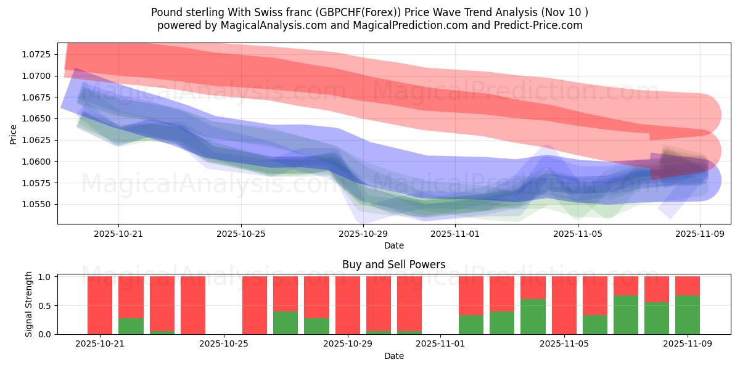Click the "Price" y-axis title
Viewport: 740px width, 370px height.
14,134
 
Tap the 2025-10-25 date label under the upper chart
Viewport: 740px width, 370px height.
241,234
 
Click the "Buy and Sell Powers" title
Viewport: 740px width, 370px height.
394,265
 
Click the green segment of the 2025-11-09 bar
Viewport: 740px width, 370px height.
688,314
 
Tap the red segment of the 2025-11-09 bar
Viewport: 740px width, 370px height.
688,286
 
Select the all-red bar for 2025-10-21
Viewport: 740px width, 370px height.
100,305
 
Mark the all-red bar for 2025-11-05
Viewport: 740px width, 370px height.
564,305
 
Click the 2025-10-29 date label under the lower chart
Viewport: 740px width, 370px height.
348,343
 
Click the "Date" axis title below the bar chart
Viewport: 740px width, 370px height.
394,356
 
